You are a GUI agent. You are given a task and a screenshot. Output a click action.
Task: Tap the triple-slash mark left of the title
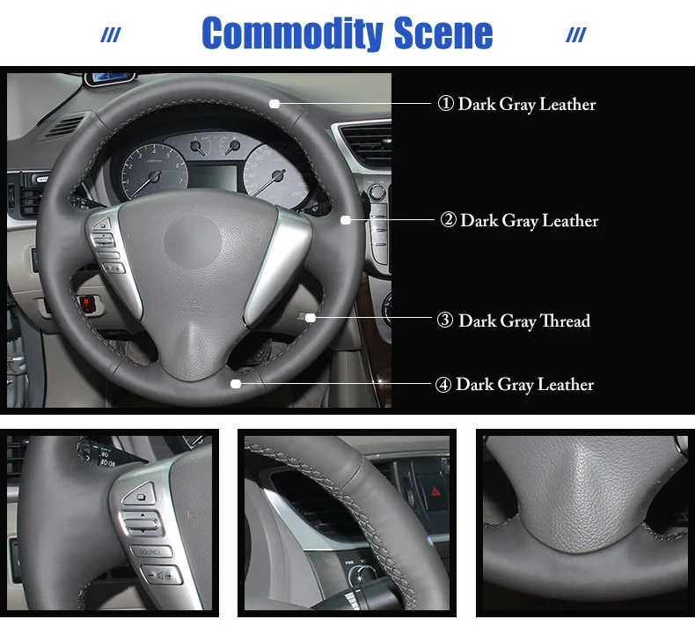[x=111, y=35]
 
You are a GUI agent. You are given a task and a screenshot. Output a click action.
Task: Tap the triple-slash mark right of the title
[x=576, y=35]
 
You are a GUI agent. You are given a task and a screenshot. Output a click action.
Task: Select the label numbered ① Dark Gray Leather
[x=516, y=104]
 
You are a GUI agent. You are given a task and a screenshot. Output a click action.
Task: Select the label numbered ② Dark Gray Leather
[x=519, y=220]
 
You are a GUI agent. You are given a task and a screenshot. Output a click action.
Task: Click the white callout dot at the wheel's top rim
[x=274, y=104]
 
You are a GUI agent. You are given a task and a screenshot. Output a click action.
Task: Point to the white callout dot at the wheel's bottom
[x=236, y=384]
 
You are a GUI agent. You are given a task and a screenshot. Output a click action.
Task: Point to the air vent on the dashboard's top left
[x=63, y=126]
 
